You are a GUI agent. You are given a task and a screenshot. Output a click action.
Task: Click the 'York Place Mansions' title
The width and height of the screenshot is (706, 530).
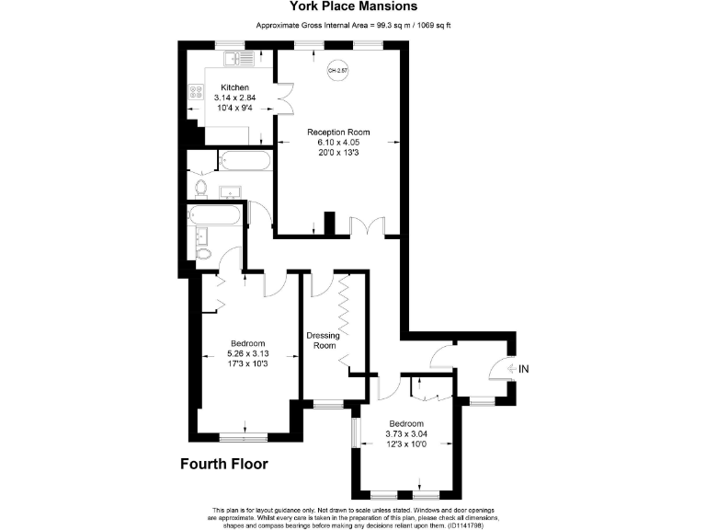pyautogui.click(x=353, y=7)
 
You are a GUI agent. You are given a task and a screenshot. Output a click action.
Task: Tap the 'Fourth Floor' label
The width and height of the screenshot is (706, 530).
pyautogui.click(x=223, y=464)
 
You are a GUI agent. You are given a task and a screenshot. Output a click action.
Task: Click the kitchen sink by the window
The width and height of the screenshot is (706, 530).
pyautogui.click(x=240, y=60)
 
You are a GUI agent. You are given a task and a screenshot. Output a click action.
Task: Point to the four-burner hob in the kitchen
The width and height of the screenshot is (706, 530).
pyautogui.click(x=196, y=92)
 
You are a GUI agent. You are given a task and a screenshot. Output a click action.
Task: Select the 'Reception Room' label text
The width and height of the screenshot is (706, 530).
pyautogui.click(x=338, y=132)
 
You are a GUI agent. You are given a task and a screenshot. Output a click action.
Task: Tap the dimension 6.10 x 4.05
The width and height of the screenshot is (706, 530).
pyautogui.click(x=338, y=143)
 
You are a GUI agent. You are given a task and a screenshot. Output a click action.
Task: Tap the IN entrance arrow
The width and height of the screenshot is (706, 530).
pyautogui.click(x=517, y=369)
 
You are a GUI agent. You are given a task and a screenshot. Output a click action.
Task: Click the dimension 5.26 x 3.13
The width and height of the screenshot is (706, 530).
pyautogui.click(x=246, y=353)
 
